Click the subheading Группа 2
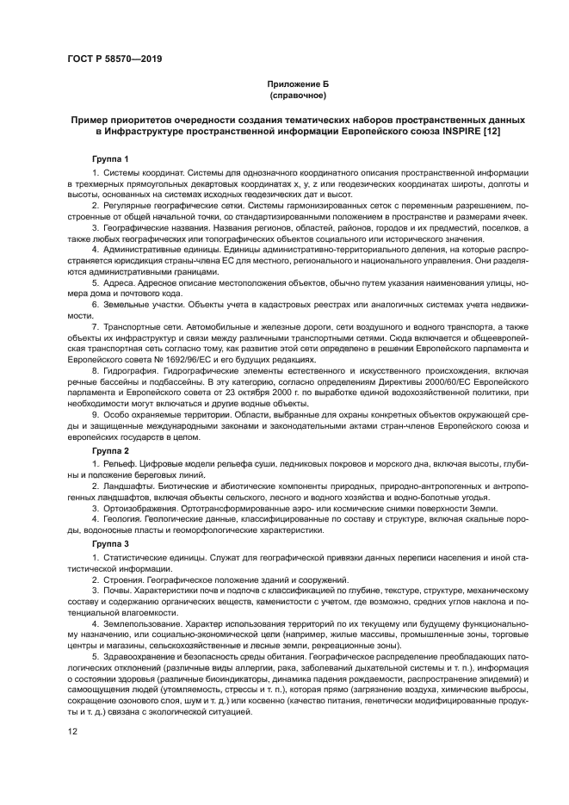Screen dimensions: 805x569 pos(110,450)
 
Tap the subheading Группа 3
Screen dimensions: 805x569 pos(110,544)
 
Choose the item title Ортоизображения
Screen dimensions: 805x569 pos(143,508)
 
